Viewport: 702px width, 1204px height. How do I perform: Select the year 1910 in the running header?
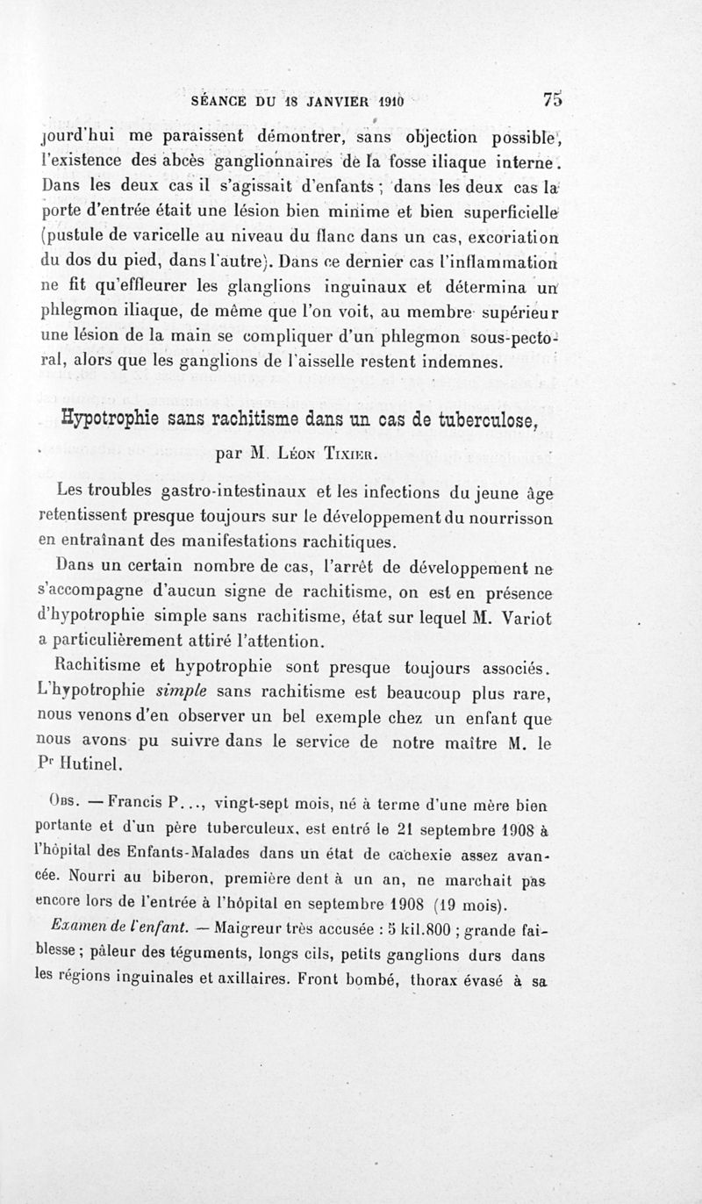[x=384, y=101]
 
